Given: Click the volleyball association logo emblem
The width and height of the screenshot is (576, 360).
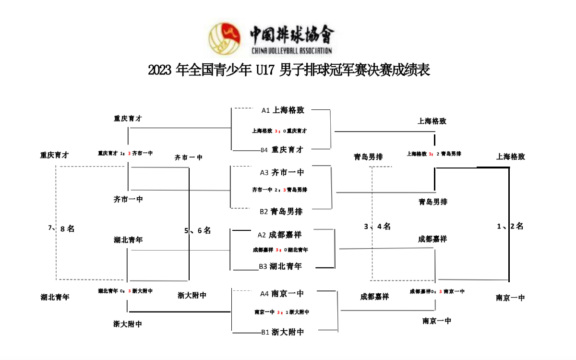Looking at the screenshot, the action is click(225, 38).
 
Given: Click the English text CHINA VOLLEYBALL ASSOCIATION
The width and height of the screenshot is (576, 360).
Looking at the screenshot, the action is click(291, 50).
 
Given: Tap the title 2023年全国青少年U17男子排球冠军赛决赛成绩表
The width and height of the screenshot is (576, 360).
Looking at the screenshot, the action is click(288, 71).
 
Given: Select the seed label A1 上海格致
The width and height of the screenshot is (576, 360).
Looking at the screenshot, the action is click(283, 110).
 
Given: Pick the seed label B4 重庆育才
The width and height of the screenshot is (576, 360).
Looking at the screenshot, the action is click(282, 150).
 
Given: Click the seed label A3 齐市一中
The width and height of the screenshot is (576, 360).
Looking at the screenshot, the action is click(282, 172).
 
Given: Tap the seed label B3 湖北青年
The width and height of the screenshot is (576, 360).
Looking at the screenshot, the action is click(280, 266).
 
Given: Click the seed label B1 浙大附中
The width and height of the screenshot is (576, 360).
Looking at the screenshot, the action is click(282, 332).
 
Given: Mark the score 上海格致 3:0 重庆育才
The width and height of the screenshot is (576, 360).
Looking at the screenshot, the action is click(279, 131).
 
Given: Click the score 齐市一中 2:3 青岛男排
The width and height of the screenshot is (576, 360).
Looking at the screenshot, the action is click(279, 190).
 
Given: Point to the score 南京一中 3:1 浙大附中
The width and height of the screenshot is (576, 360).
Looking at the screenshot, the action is click(282, 312).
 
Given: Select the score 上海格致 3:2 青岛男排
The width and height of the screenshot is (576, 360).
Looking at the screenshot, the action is click(434, 154).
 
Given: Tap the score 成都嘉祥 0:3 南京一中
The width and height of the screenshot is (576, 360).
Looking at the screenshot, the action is click(437, 291).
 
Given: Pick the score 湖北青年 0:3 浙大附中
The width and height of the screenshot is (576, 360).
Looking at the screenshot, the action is click(125, 291).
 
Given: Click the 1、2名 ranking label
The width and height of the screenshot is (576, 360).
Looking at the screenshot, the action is click(510, 227).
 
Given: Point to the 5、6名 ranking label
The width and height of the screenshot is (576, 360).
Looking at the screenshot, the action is click(198, 230).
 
